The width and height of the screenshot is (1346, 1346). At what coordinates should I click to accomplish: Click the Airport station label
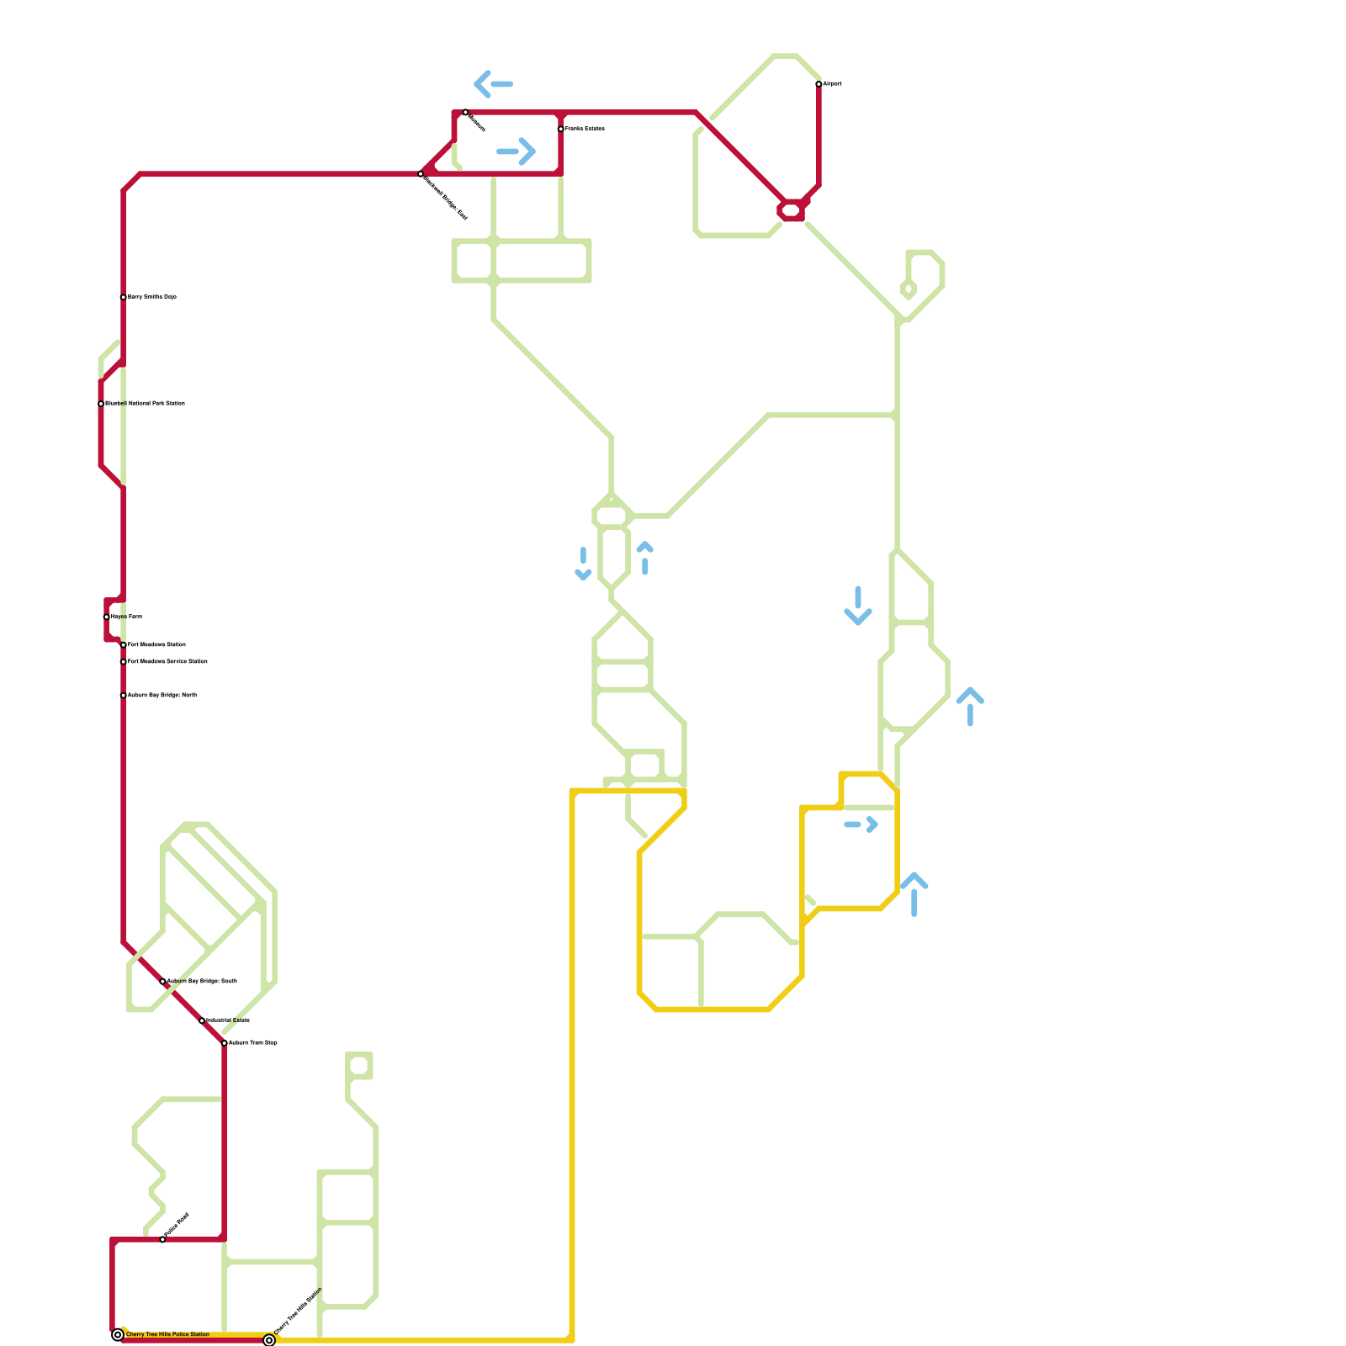click(832, 84)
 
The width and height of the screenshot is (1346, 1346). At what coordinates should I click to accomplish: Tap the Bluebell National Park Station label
click(145, 404)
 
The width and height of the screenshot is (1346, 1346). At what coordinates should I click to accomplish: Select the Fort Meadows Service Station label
click(167, 662)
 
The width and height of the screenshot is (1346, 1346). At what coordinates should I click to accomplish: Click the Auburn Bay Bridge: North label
click(162, 696)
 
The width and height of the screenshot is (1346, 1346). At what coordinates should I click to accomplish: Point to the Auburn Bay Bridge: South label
click(202, 982)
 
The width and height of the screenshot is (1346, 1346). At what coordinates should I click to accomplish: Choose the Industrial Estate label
click(228, 1020)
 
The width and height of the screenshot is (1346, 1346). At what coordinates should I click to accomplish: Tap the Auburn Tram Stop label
click(253, 1043)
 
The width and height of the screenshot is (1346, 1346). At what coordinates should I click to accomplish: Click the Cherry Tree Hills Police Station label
click(167, 1334)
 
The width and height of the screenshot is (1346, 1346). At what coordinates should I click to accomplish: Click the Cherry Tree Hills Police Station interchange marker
click(118, 1334)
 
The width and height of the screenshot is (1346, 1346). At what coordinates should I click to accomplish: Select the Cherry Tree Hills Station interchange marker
click(269, 1340)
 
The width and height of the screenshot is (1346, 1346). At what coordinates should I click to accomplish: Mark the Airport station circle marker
click(819, 84)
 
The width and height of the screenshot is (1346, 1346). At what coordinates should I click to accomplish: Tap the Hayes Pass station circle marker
click(107, 617)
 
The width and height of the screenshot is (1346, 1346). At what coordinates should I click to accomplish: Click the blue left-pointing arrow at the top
click(493, 84)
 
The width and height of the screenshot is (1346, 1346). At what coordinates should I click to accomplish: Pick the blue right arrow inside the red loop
click(517, 151)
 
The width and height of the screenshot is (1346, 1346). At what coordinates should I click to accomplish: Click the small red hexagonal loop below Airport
click(792, 210)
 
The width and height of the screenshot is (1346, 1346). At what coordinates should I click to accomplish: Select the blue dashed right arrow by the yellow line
click(861, 825)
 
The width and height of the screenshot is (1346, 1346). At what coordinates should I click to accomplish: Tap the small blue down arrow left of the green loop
click(583, 564)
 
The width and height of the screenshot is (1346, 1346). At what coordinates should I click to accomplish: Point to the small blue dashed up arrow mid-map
click(645, 558)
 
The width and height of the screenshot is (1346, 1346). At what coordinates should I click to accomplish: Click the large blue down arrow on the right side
click(858, 606)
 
